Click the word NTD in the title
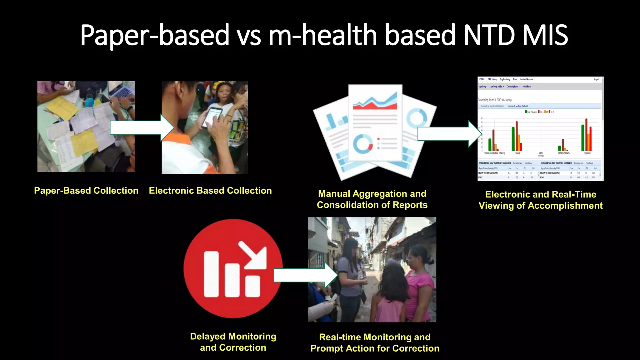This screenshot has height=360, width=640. tap(489, 35)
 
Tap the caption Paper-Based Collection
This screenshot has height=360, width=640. tap(86, 191)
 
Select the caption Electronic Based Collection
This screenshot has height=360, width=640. tap(210, 191)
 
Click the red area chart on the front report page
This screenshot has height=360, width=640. tap(375, 103)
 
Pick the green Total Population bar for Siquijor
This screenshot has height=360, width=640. tap(583, 138)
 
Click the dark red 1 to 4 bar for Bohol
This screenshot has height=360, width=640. tap(517, 136)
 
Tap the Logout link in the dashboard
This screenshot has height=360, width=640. tap(596, 79)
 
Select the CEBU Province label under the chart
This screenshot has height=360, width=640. tap(541, 154)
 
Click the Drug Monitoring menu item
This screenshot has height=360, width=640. tap(505, 79)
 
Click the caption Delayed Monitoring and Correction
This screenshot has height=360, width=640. tap(233, 342)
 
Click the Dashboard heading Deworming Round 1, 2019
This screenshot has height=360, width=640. tap(495, 100)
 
